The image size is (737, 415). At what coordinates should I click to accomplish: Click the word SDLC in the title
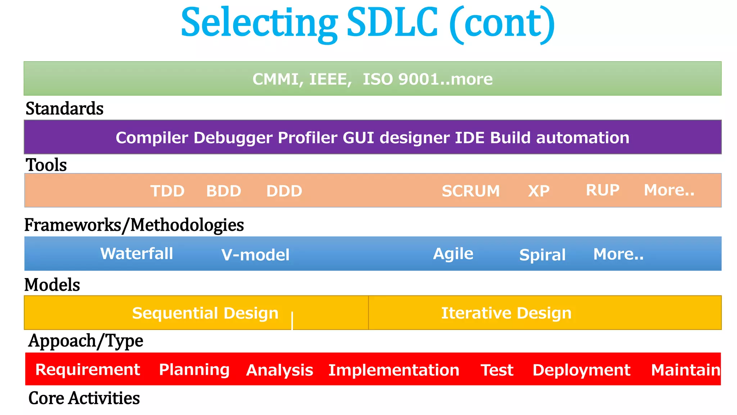pyautogui.click(x=392, y=23)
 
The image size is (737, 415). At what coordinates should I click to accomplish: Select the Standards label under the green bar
pyautogui.click(x=64, y=108)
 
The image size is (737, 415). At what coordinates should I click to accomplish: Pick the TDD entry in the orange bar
pyautogui.click(x=167, y=191)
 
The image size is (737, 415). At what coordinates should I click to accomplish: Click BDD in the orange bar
pyautogui.click(x=223, y=191)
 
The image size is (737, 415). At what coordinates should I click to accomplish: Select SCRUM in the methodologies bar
pyautogui.click(x=471, y=191)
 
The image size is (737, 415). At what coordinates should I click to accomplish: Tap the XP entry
pyautogui.click(x=539, y=191)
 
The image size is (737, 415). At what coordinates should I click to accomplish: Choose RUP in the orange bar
pyautogui.click(x=602, y=190)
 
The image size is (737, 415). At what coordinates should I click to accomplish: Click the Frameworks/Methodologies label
pyautogui.click(x=134, y=225)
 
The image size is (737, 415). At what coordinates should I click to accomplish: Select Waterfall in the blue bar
pyautogui.click(x=136, y=254)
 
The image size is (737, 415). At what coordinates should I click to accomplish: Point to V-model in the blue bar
pyautogui.click(x=255, y=255)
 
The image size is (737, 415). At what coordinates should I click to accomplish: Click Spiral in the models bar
pyautogui.click(x=542, y=255)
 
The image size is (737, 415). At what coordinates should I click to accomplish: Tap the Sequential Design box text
pyautogui.click(x=205, y=313)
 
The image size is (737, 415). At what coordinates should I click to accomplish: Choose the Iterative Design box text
pyautogui.click(x=506, y=313)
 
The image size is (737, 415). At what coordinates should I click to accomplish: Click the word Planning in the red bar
pyautogui.click(x=194, y=370)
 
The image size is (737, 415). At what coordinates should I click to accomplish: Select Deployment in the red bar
pyautogui.click(x=582, y=370)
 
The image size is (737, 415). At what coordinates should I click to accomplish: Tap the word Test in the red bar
pyautogui.click(x=497, y=370)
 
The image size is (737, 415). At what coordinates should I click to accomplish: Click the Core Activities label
pyautogui.click(x=84, y=398)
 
